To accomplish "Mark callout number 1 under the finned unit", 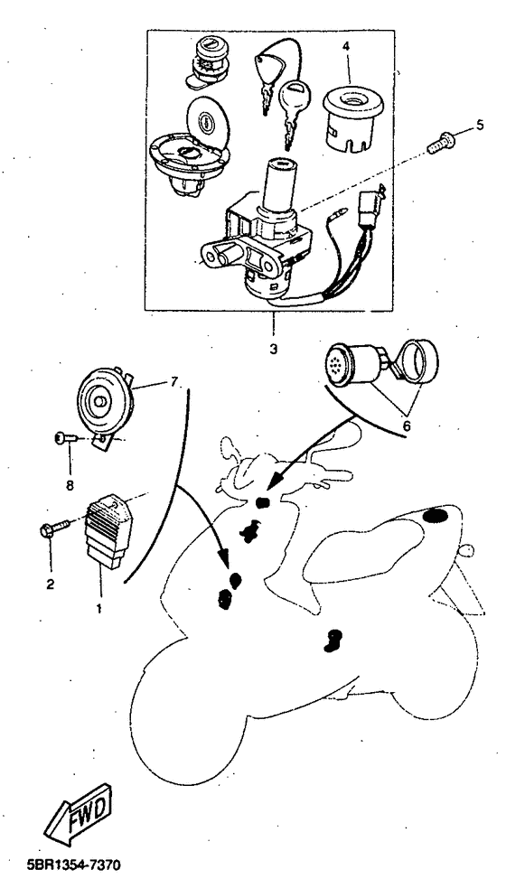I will click(x=98, y=608).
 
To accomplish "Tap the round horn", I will click(x=104, y=395).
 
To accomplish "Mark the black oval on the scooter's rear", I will click(x=436, y=516).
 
